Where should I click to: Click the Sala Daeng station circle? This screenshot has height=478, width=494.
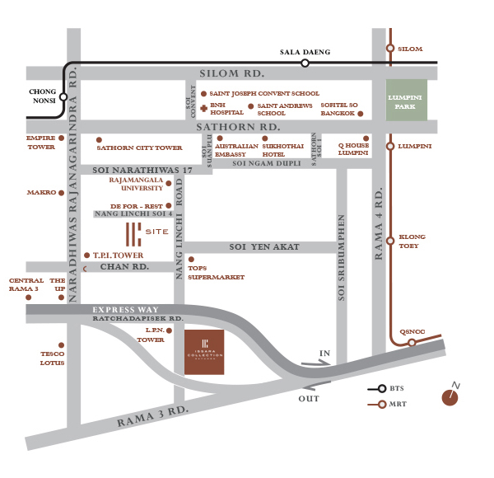[x=305, y=63]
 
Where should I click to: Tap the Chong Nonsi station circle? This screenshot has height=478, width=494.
[x=63, y=96]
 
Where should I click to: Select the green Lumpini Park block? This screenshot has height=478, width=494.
[x=408, y=101]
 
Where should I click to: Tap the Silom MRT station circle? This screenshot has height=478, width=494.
[x=390, y=49]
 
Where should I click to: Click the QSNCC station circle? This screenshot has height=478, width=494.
[x=412, y=343]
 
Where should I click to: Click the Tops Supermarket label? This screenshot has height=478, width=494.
[x=217, y=273]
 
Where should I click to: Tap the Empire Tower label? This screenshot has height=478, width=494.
[x=40, y=143]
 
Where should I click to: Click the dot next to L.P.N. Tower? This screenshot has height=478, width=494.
[x=169, y=330]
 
